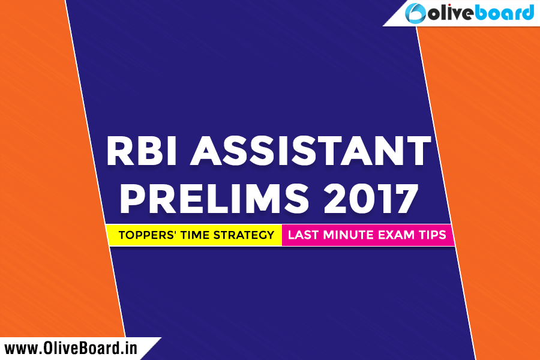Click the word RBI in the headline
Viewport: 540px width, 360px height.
pos(142,151)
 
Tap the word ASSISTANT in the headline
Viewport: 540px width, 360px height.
pos(311,151)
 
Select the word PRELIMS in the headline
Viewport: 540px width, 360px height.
pos(214,199)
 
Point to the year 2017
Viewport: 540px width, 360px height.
pos(371,199)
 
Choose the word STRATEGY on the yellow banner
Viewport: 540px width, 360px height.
pos(244,235)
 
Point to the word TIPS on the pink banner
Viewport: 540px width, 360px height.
pos(433,235)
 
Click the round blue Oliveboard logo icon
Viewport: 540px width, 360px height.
pos(415,13)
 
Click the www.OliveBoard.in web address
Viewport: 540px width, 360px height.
pos(71,348)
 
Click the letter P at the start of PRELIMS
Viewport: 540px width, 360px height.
pos(131,199)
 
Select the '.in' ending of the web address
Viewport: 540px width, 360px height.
pos(129,348)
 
